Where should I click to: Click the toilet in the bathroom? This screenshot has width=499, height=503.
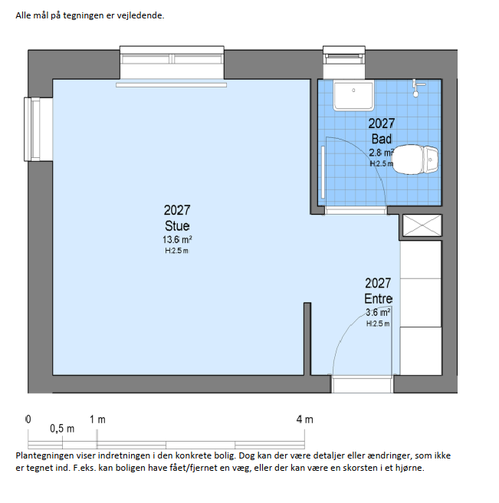pos(415,159)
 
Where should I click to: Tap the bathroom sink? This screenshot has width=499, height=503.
pos(353,95)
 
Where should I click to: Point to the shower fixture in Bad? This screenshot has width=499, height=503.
pos(416,88)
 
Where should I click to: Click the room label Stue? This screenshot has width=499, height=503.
pos(177,226)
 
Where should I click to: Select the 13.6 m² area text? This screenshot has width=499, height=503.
pos(177,240)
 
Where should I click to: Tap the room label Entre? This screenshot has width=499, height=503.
pos(379,299)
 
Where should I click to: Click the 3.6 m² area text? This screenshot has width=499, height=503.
pos(378,312)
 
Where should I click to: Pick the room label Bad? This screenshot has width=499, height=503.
pos(382,139)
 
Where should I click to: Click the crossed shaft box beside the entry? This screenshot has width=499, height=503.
pos(422,225)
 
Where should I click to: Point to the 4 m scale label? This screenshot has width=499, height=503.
pos(304,419)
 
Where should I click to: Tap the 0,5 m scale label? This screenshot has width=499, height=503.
pos(62,429)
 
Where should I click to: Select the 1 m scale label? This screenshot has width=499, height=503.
pos(97,419)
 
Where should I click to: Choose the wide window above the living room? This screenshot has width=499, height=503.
pos(172,62)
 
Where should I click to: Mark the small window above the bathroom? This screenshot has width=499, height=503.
pos(344,61)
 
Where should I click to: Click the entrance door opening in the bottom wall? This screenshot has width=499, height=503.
pos(363,384)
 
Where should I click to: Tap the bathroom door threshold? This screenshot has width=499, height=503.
pos(356,210)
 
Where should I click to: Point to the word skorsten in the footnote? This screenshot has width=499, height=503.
pos(360,468)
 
